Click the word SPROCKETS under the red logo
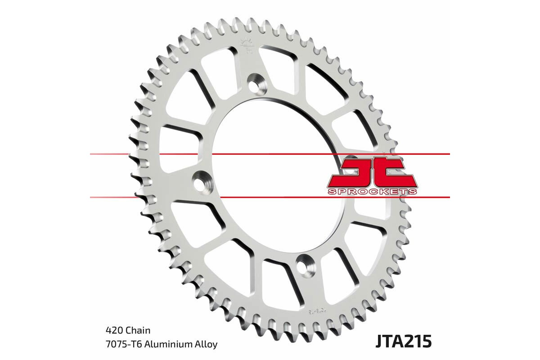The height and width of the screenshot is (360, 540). click(x=372, y=192)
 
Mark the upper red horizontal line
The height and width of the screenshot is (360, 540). click(x=270, y=154)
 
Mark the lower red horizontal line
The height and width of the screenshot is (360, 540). click(x=270, y=197)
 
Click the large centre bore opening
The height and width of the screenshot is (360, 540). click(x=270, y=175)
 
